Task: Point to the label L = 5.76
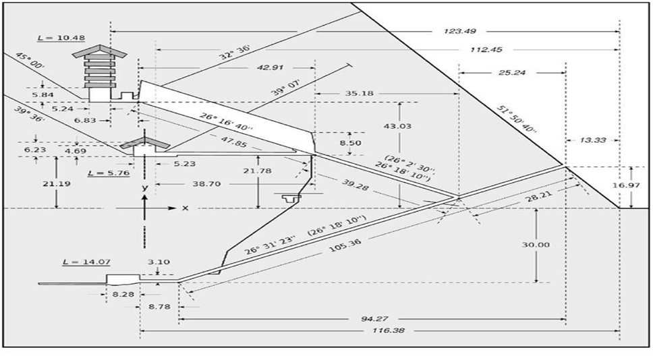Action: point(103,173)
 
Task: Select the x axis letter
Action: point(185,208)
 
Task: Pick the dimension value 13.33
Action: point(592,140)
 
